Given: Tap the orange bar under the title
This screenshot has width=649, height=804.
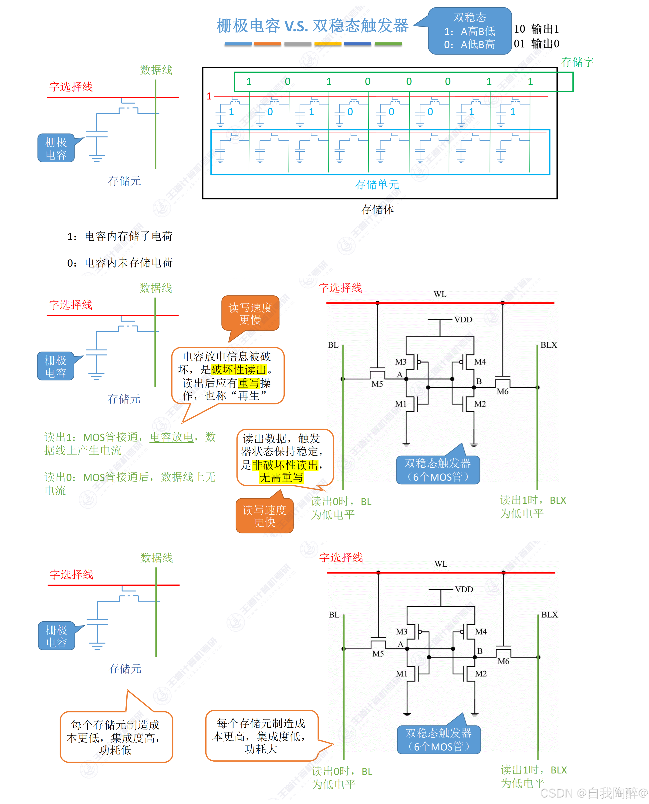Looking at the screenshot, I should [x=267, y=44].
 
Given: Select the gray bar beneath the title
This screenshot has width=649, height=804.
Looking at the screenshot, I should [x=297, y=44].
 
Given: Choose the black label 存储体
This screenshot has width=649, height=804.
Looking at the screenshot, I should [x=377, y=209].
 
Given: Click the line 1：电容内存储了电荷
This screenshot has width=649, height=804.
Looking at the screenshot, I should [x=120, y=236].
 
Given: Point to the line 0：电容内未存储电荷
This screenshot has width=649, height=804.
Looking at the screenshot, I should [x=120, y=263].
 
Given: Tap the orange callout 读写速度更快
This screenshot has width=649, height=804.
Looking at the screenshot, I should [x=264, y=516].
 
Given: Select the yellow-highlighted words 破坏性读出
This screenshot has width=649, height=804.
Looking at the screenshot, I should [x=239, y=370].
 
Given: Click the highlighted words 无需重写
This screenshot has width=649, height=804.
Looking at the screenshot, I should [x=281, y=477].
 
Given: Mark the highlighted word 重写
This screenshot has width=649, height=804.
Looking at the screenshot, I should [x=249, y=383].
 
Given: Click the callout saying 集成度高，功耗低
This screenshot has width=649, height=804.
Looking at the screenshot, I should [x=116, y=737].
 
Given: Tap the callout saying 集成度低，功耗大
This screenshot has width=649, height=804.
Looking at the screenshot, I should [x=261, y=736].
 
